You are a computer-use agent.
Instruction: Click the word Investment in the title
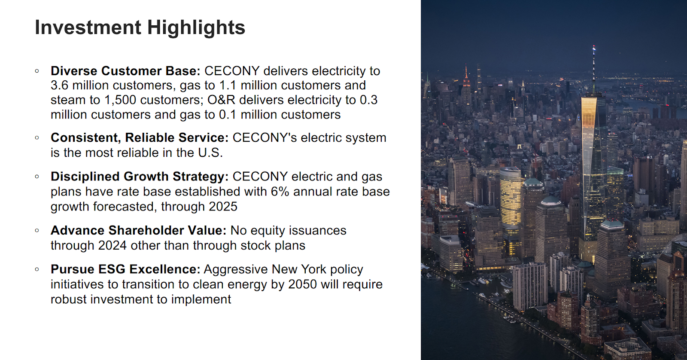pyautogui.click(x=88, y=27)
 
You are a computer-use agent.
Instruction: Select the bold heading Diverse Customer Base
pyautogui.click(x=125, y=71)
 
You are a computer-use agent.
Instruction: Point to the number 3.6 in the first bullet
pyautogui.click(x=60, y=85)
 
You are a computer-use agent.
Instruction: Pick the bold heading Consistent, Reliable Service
pyautogui.click(x=140, y=138)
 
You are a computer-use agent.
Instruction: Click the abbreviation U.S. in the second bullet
pyautogui.click(x=210, y=153)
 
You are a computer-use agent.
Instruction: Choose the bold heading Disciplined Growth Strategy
pyautogui.click(x=140, y=177)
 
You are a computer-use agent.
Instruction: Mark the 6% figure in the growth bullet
pyautogui.click(x=280, y=192)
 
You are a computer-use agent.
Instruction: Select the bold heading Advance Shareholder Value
pyautogui.click(x=138, y=231)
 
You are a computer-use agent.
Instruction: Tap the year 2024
pyautogui.click(x=112, y=246)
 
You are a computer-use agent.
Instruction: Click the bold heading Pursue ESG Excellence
pyautogui.click(x=125, y=269)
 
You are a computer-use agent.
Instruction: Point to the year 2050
pyautogui.click(x=302, y=284)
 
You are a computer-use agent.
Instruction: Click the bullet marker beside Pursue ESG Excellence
pyautogui.click(x=37, y=269)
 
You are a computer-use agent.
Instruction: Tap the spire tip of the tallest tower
pyautogui.click(x=594, y=46)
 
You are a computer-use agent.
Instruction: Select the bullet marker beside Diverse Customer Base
pyautogui.click(x=37, y=71)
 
